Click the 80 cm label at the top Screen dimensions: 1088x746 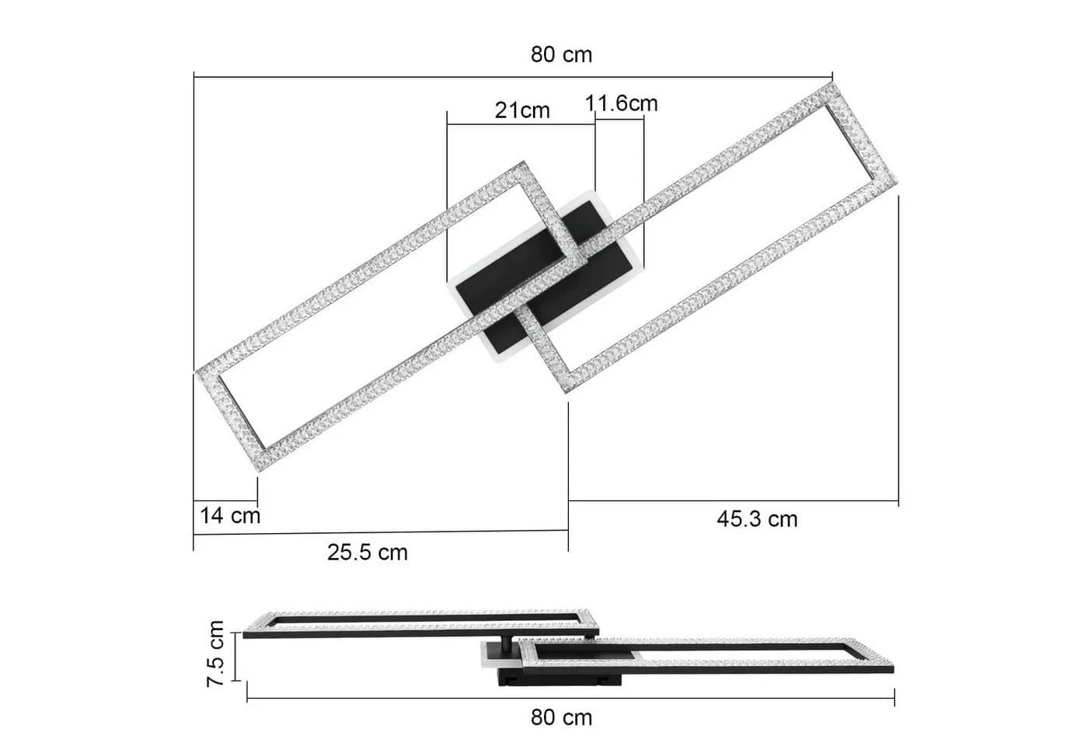click(561, 54)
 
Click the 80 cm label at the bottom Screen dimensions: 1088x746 click(561, 717)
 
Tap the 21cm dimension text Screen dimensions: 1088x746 click(522, 110)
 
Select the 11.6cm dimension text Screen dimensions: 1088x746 click(621, 103)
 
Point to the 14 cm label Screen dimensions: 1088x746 click(230, 515)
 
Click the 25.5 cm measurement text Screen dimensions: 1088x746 click(367, 553)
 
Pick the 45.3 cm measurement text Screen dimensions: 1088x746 click(757, 519)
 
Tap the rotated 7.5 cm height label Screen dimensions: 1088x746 click(215, 654)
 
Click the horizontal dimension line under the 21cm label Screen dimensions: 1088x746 click(521, 124)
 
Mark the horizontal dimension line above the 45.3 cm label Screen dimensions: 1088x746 click(734, 500)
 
